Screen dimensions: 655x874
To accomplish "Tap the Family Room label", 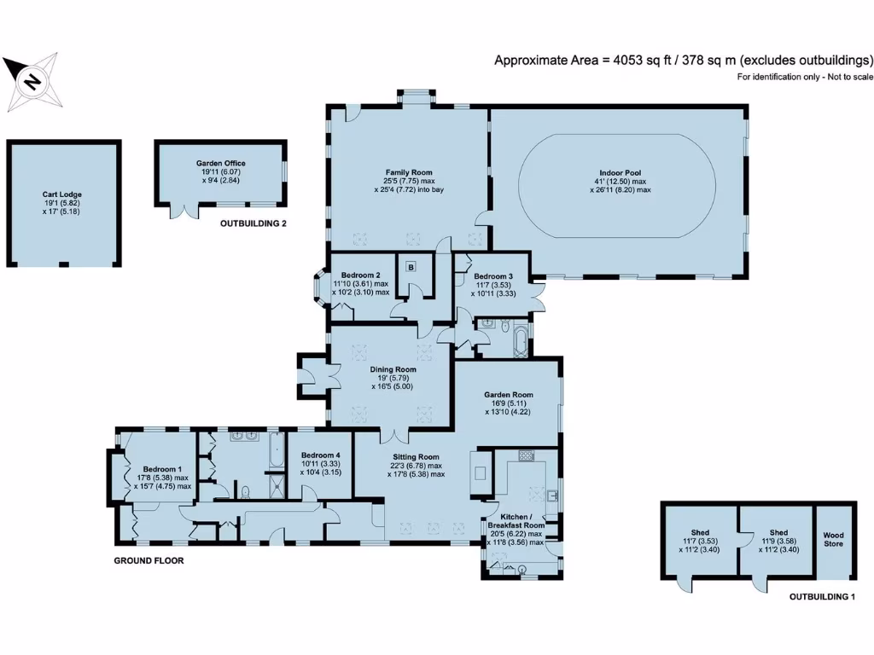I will (x=404, y=172).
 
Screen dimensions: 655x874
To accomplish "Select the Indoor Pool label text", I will (x=619, y=172).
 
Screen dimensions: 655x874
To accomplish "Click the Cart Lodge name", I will (x=62, y=194).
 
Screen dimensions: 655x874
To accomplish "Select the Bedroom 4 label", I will (x=320, y=455).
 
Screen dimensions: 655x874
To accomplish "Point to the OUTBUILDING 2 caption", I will (x=253, y=224).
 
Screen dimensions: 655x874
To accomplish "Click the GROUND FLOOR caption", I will (x=149, y=561).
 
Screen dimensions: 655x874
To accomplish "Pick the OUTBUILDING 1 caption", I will (x=821, y=597).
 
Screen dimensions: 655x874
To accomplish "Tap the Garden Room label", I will (x=508, y=395).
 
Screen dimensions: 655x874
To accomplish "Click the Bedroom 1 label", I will (x=162, y=469).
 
